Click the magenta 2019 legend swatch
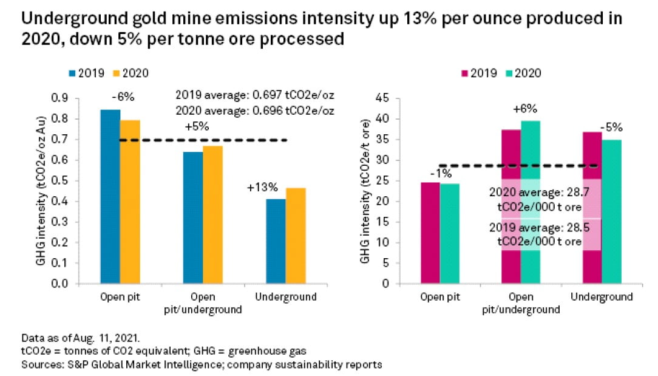coord(466,73)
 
